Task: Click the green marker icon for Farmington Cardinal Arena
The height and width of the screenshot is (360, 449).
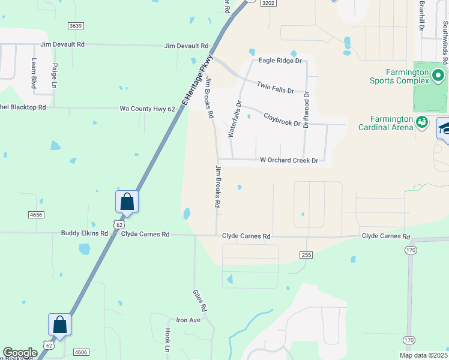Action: tap(422, 122)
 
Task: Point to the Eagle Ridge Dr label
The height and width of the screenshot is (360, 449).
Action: tap(279, 61)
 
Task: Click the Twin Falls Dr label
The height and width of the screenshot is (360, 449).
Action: tap(275, 87)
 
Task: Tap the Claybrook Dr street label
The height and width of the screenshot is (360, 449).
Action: tap(282, 118)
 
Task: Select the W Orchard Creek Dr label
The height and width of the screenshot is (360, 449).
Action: tap(288, 160)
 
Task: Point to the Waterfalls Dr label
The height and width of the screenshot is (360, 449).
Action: tap(235, 119)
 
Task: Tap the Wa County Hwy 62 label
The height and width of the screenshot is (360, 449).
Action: tap(147, 109)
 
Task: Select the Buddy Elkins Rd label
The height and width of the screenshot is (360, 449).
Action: tap(84, 233)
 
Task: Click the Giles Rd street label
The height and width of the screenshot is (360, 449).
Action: tap(199, 301)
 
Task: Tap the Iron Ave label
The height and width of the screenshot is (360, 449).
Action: tap(187, 320)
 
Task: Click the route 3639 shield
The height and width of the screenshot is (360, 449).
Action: tap(75, 26)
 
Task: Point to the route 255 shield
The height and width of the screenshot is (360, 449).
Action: tap(306, 255)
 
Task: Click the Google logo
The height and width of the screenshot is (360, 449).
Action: tap(20, 353)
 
